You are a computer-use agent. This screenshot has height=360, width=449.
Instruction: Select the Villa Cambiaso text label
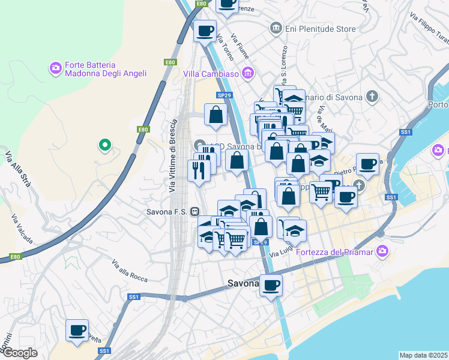[x=211, y=74]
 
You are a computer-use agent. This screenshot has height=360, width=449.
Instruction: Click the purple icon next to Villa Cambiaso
[x=247, y=74]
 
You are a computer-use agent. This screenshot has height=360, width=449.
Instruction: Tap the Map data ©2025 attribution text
[x=423, y=355]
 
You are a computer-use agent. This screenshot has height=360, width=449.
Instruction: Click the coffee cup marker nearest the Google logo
[x=77, y=330]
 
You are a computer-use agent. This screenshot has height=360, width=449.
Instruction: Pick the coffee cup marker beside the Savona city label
[x=271, y=284]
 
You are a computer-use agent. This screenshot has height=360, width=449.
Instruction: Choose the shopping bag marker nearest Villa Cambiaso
[x=215, y=114]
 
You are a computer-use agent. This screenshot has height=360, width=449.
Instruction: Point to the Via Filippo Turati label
[x=430, y=31]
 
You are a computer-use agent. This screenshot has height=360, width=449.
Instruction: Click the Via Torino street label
[x=224, y=42]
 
